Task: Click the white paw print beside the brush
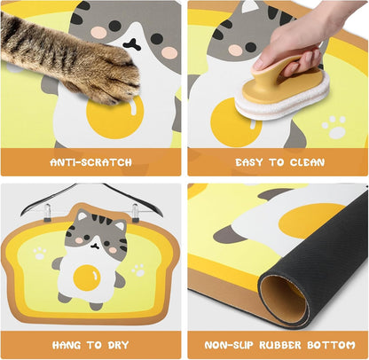(334, 126)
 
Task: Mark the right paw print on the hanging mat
(138, 270)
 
